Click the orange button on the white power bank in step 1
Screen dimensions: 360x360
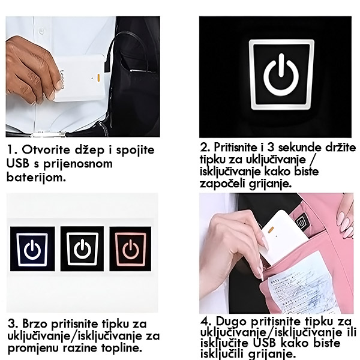[98, 78]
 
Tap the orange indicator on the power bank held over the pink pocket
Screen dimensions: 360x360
[271, 229]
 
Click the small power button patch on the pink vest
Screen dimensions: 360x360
[301, 221]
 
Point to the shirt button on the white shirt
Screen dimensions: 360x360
[41, 31]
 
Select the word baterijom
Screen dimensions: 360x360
[36, 177]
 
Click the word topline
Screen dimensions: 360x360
[121, 348]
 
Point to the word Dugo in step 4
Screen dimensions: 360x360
[232, 322]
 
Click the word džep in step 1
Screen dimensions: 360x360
[89, 151]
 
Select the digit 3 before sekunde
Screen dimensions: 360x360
[271, 148]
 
